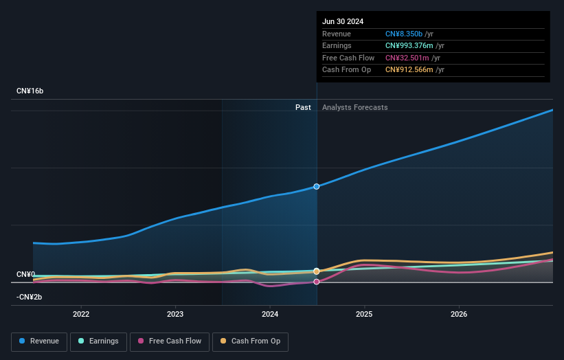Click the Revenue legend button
pyautogui.click(x=39, y=341)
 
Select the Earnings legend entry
pyautogui.click(x=98, y=341)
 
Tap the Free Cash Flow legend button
pyautogui.click(x=169, y=341)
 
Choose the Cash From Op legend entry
pyautogui.click(x=251, y=341)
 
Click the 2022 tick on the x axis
pyautogui.click(x=81, y=314)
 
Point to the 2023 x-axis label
pyautogui.click(x=175, y=314)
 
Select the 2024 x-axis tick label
pyautogui.click(x=270, y=314)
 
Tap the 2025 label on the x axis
pyautogui.click(x=364, y=314)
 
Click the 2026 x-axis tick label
pyautogui.click(x=459, y=314)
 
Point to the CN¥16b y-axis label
pyautogui.click(x=30, y=91)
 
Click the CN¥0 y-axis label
pyautogui.click(x=26, y=275)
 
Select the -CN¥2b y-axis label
pyautogui.click(x=30, y=297)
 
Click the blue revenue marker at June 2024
pyautogui.click(x=317, y=186)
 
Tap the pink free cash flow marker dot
pyautogui.click(x=317, y=282)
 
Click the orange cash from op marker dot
pyautogui.click(x=317, y=271)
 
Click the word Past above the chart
pyautogui.click(x=303, y=107)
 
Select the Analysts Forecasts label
pyautogui.click(x=354, y=107)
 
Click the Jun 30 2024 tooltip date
pyautogui.click(x=343, y=21)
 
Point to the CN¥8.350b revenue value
pyautogui.click(x=404, y=34)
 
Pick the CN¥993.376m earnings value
pyautogui.click(x=409, y=46)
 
